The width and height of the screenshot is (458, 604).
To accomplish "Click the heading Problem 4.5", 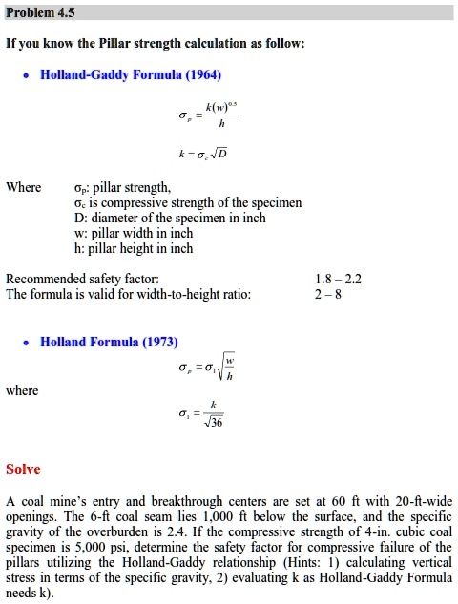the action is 40,12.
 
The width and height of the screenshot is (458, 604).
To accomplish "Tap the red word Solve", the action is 23,469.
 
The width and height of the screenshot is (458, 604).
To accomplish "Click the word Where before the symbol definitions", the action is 23,187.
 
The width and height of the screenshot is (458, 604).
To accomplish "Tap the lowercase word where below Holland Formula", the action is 22,390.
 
